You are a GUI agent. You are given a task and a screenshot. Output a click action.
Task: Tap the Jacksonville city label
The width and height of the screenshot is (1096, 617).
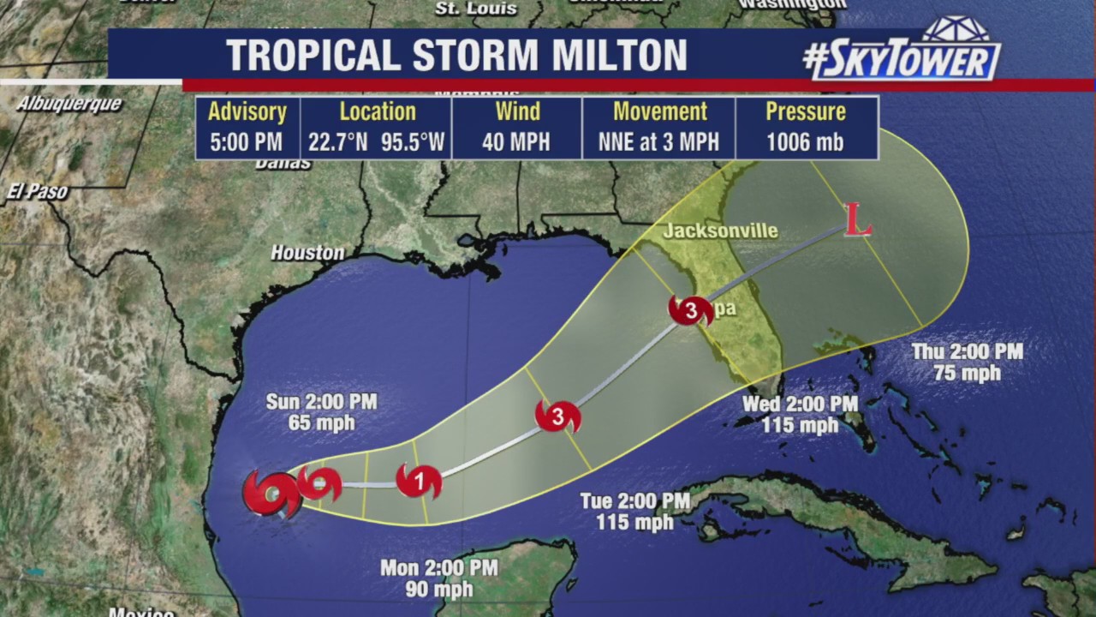[720, 231]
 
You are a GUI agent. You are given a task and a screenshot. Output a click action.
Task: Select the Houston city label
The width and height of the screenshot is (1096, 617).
[307, 253]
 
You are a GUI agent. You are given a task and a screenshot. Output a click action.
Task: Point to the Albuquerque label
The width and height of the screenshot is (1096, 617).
[68, 104]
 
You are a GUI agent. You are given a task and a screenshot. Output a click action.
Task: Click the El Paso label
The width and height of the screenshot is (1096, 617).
[36, 192]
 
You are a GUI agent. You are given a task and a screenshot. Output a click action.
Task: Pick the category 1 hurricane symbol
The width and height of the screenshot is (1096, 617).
[419, 482]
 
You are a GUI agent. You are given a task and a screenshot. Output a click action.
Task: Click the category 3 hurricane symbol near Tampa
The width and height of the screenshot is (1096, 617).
[691, 310]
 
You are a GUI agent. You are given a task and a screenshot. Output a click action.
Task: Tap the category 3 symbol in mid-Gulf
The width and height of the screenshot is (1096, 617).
[557, 416]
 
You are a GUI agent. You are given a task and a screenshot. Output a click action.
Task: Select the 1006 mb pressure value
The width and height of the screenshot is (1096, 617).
[805, 142]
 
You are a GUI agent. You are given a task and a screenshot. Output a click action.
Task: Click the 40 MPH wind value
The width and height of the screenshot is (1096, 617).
[516, 142]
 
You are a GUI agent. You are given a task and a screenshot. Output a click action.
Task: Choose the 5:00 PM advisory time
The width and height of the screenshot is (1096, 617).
[247, 142]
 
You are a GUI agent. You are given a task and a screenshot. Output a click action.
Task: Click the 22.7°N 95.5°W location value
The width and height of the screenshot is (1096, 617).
[377, 142]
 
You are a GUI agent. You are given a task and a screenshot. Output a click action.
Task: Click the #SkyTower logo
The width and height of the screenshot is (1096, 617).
[902, 56]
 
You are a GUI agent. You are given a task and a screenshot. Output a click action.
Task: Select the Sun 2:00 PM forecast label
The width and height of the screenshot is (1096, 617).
[321, 402]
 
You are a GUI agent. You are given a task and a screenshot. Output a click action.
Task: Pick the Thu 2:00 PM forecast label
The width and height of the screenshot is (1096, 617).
[967, 351]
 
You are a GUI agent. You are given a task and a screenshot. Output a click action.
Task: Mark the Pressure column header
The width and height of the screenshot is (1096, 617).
[805, 112]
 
